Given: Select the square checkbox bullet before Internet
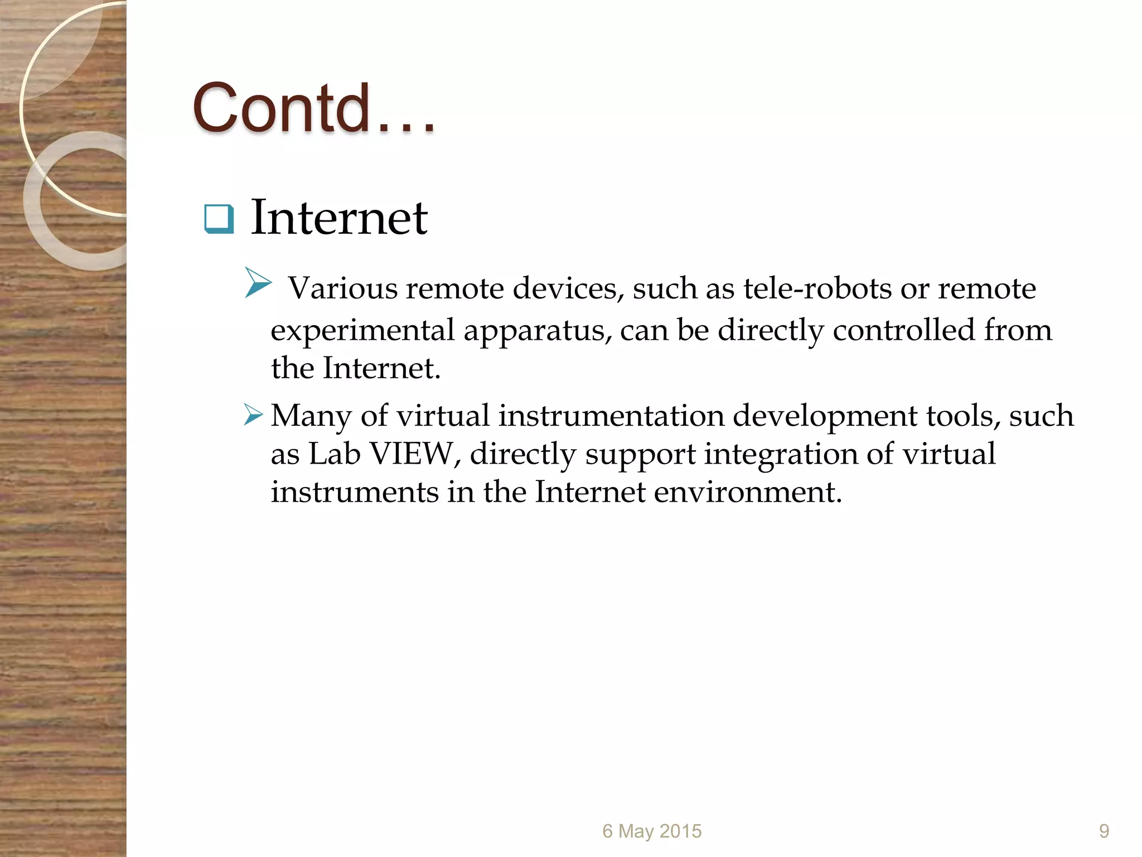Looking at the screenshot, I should point(219,219).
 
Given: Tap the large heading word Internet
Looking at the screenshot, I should point(339,218).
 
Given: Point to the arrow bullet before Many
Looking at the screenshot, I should point(253,415).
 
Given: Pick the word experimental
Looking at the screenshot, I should point(362,330).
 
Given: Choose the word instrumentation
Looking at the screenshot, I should point(611,416).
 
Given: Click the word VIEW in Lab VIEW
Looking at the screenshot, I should point(412,454).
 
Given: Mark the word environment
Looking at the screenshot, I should point(747,492).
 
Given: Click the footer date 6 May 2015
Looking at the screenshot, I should point(652,831).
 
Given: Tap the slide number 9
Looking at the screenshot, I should point(1104,831).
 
